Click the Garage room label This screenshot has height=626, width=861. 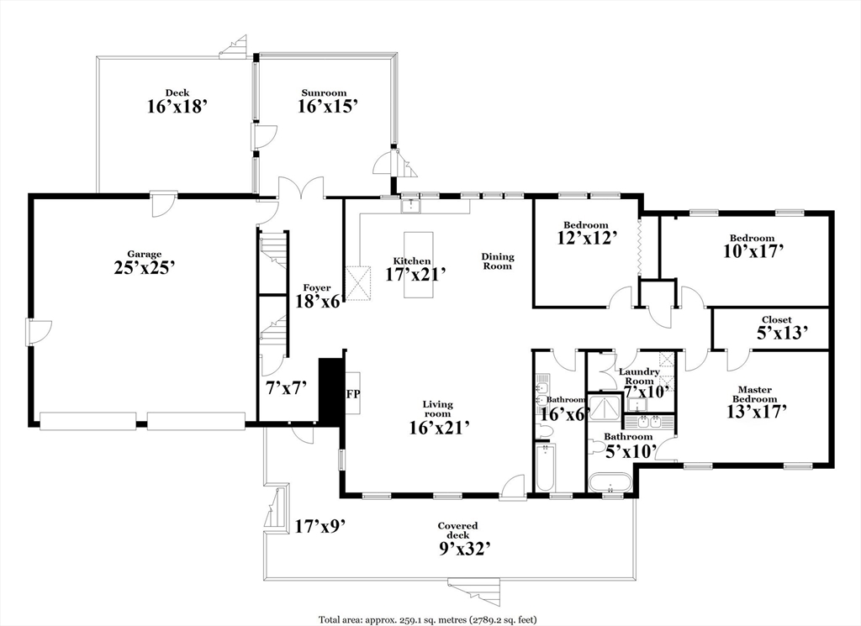pos(145,254)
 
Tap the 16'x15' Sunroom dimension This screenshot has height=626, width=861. pos(329,106)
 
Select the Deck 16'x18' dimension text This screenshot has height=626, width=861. pos(177,106)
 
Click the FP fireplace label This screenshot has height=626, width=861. pos(352,393)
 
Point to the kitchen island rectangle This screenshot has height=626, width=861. pos(419,265)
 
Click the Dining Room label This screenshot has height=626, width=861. pos(498,261)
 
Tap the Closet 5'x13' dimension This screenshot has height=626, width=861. pos(783,333)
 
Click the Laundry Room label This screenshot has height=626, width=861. pos(640,376)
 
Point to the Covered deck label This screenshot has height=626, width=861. pos(457,530)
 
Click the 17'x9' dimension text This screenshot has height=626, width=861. pos(320,527)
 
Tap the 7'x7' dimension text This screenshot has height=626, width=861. pos(286,388)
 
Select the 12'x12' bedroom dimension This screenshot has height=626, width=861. pos(588,237)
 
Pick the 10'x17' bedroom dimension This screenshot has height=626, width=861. pos(753,250)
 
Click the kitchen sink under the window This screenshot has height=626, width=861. pos(410,206)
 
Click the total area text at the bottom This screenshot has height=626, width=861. pos(428,620)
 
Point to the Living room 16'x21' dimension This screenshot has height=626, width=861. pos(439,427)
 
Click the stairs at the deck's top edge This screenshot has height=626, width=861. pos(234,46)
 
